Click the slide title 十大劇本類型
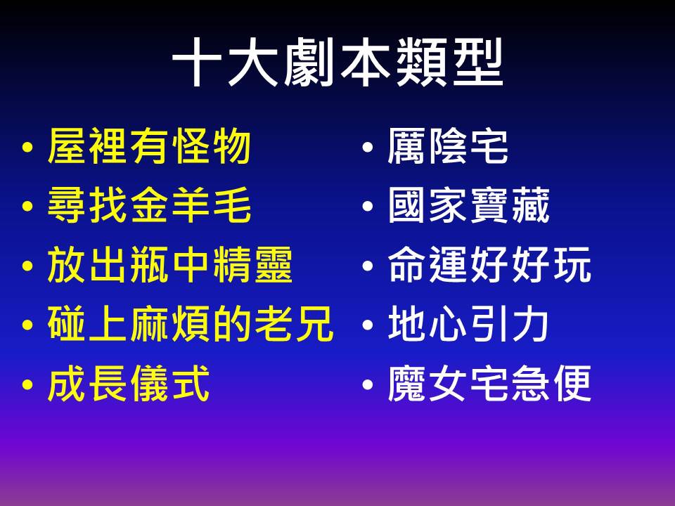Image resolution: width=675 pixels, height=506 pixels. pyautogui.click(x=337, y=62)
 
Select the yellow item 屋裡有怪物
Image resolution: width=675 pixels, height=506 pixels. pyautogui.click(x=149, y=147)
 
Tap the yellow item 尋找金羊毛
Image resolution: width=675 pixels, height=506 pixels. pyautogui.click(x=149, y=205)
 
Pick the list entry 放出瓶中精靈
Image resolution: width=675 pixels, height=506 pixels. pyautogui.click(x=170, y=265)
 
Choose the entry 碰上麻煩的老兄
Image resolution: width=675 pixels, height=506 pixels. pyautogui.click(x=191, y=323)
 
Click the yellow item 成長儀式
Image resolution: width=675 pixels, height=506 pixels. pyautogui.click(x=128, y=383)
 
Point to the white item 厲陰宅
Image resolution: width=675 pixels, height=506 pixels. pyautogui.click(x=448, y=147)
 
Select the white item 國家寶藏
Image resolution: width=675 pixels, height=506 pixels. pyautogui.click(x=469, y=205)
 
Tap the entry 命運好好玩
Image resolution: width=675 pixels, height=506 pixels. pyautogui.click(x=489, y=265)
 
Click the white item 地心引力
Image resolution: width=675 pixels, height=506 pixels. pyautogui.click(x=468, y=323)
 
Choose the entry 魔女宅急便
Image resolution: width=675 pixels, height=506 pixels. pyautogui.click(x=489, y=383)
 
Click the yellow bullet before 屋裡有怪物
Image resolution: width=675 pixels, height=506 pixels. pyautogui.click(x=27, y=148)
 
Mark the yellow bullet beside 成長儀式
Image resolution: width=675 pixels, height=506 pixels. pyautogui.click(x=27, y=384)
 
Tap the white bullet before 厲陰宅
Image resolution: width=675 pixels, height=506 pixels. pyautogui.click(x=368, y=148)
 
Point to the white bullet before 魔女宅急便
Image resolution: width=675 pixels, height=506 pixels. pyautogui.click(x=368, y=384)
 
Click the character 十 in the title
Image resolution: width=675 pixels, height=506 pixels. pyautogui.click(x=197, y=63)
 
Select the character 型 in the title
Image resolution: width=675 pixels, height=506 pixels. pyautogui.click(x=478, y=63)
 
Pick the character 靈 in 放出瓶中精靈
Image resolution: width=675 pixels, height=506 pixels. pyautogui.click(x=274, y=265)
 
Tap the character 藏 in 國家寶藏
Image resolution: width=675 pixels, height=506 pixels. pyautogui.click(x=532, y=205)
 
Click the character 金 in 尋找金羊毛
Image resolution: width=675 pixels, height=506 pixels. pyautogui.click(x=149, y=205)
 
